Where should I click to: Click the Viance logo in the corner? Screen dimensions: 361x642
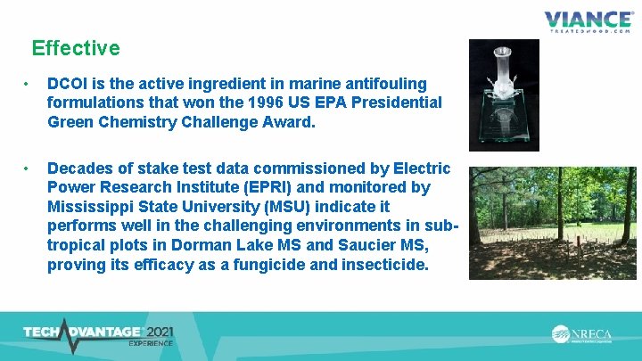(588, 21)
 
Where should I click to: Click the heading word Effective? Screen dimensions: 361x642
(75, 47)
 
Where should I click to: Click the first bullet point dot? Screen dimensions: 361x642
(29, 85)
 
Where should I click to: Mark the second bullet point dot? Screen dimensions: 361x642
(29, 168)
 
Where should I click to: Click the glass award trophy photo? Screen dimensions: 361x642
(504, 95)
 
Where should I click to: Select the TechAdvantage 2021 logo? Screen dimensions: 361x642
(98, 334)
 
